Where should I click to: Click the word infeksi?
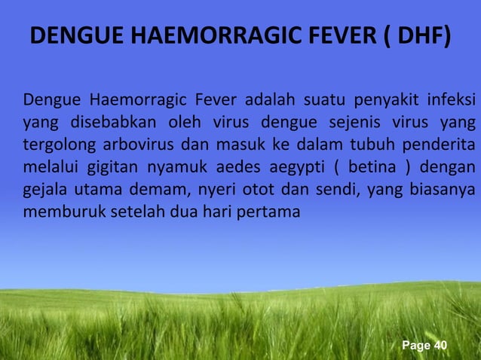pyautogui.click(x=451, y=100)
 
